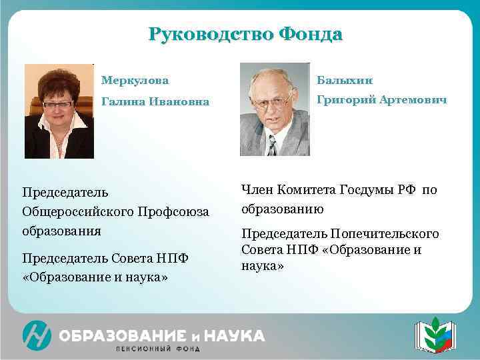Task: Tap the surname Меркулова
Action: point(135,81)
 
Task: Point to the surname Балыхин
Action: point(345,81)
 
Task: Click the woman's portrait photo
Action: point(59,111)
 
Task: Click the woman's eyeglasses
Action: point(58,104)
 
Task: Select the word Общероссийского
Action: point(82,212)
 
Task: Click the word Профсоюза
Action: point(178,212)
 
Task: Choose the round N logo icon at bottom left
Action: point(36,335)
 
